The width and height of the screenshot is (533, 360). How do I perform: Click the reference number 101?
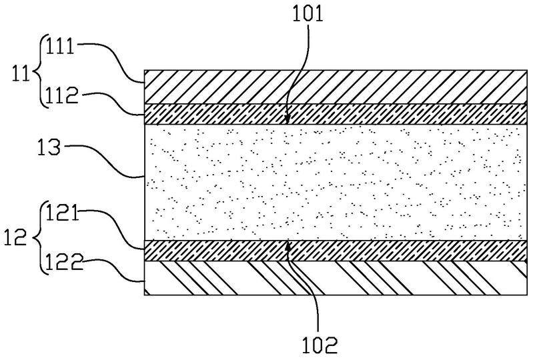tap(308, 13)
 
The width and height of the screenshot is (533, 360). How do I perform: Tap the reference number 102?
tap(320, 345)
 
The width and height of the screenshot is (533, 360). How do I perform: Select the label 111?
tap(60, 46)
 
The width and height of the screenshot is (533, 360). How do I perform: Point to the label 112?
tap(62, 95)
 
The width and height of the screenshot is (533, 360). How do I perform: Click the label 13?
tap(49, 147)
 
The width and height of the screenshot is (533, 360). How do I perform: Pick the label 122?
tap(64, 262)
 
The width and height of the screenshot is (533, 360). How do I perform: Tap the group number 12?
tap(15, 237)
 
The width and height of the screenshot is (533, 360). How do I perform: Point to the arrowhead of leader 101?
tap(288, 120)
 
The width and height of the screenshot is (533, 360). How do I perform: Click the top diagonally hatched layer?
tap(336, 87)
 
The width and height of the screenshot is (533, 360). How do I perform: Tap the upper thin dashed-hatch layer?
tap(336, 114)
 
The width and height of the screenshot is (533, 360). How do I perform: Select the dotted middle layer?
tap(336, 183)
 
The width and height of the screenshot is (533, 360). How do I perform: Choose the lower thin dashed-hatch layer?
tap(336, 251)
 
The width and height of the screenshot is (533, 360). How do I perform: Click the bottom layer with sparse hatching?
tap(336, 278)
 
